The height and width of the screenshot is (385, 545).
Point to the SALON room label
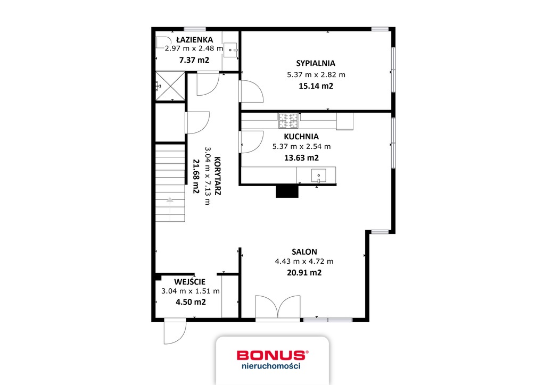pyautogui.click(x=304, y=252)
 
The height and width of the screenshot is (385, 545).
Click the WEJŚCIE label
pyautogui.click(x=190, y=282)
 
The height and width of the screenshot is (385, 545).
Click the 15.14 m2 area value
pyautogui.click(x=316, y=86)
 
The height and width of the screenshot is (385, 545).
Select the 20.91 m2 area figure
pyautogui.click(x=304, y=273)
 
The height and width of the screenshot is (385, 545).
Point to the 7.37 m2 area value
pyautogui.click(x=194, y=60)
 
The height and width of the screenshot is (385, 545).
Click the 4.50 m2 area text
pyautogui.click(x=191, y=302)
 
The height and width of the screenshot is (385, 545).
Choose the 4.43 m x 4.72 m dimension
pyautogui.click(x=304, y=262)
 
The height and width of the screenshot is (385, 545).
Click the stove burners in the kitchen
pyautogui.click(x=288, y=121)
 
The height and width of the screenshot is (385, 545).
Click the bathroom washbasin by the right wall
pyautogui.click(x=232, y=49)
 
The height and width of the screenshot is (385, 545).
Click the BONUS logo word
pyautogui.click(x=271, y=355)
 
